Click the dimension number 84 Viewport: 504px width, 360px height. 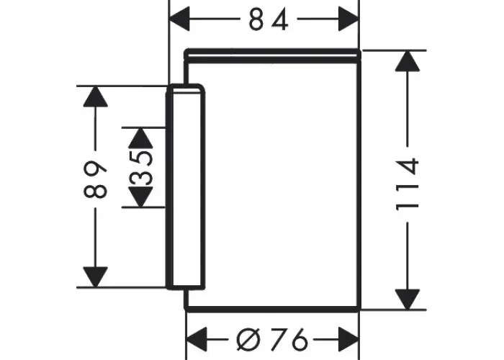click(x=269, y=19)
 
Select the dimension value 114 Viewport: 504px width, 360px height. click(x=408, y=184)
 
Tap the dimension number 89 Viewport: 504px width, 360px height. click(x=95, y=179)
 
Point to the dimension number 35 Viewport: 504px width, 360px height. click(x=141, y=168)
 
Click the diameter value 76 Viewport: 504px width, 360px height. click(x=289, y=339)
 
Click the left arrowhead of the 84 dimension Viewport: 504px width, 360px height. click(x=179, y=19)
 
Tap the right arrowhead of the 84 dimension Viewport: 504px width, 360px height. click(x=348, y=19)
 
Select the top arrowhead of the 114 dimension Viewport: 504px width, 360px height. click(x=408, y=60)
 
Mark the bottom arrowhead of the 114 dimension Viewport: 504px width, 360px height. click(x=408, y=300)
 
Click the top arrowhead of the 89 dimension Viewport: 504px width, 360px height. click(x=95, y=96)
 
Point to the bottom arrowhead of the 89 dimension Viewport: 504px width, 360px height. click(x=95, y=276)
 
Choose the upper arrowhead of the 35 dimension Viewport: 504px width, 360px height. click(x=141, y=138)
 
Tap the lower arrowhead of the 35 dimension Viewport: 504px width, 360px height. click(x=141, y=197)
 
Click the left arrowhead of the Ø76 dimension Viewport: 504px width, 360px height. click(x=197, y=339)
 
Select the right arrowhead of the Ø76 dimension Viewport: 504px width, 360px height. click(x=348, y=339)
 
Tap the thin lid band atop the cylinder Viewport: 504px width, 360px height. click(x=273, y=56)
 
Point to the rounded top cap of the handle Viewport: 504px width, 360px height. click(x=186, y=89)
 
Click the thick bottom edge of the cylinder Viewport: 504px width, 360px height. click(x=273, y=310)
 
